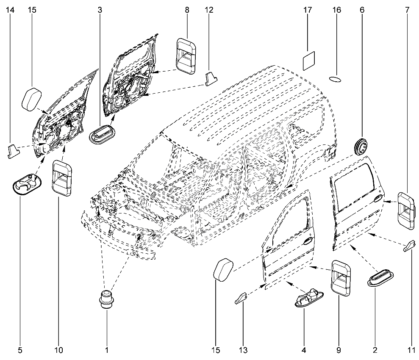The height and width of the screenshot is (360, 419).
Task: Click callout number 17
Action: click(x=308, y=10)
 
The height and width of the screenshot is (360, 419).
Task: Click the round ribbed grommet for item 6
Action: click(x=361, y=146)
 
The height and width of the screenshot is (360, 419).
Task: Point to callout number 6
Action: click(x=362, y=10)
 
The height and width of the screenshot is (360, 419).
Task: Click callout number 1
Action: click(x=107, y=350)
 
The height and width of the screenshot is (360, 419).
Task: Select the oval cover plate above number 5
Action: click(x=26, y=184)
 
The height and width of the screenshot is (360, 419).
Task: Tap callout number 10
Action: click(x=58, y=350)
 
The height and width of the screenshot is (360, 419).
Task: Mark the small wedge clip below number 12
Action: click(x=211, y=79)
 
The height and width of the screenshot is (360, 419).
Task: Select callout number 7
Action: click(x=407, y=10)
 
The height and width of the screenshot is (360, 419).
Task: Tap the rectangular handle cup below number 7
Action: click(x=405, y=210)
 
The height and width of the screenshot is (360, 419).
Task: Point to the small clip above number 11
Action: click(x=409, y=245)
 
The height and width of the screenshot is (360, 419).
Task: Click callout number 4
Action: click(x=303, y=350)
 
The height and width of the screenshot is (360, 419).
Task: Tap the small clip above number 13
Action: click(x=241, y=298)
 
